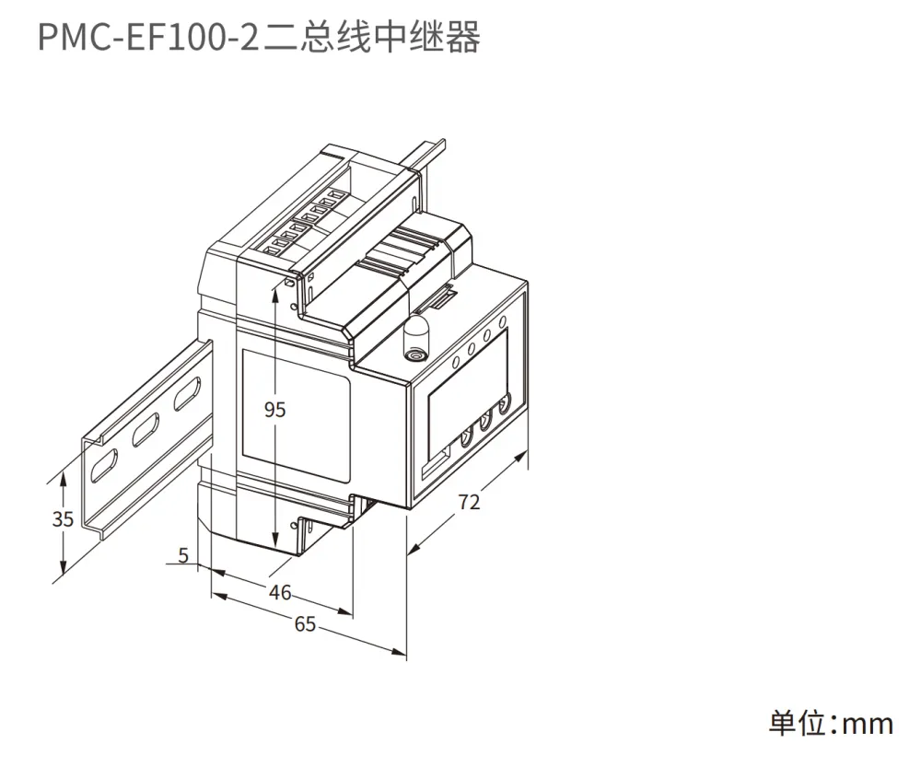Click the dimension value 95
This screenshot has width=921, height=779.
click(x=274, y=409)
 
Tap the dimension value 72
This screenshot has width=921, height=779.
click(x=469, y=502)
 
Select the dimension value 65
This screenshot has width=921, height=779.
click(x=305, y=624)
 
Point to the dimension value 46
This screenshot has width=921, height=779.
click(x=280, y=592)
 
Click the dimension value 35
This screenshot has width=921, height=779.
click(x=63, y=519)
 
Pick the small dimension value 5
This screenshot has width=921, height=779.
click(x=184, y=554)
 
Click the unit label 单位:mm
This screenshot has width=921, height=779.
click(x=831, y=723)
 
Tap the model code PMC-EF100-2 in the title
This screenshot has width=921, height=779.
click(x=148, y=38)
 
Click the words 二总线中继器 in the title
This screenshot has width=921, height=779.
click(x=371, y=38)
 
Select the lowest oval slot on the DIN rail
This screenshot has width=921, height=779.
click(x=103, y=466)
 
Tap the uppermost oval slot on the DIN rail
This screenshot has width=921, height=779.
click(x=186, y=394)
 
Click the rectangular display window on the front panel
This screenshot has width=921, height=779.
click(x=467, y=393)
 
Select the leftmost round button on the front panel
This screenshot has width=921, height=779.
click(x=467, y=438)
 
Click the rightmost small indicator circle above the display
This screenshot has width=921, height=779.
click(x=502, y=321)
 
